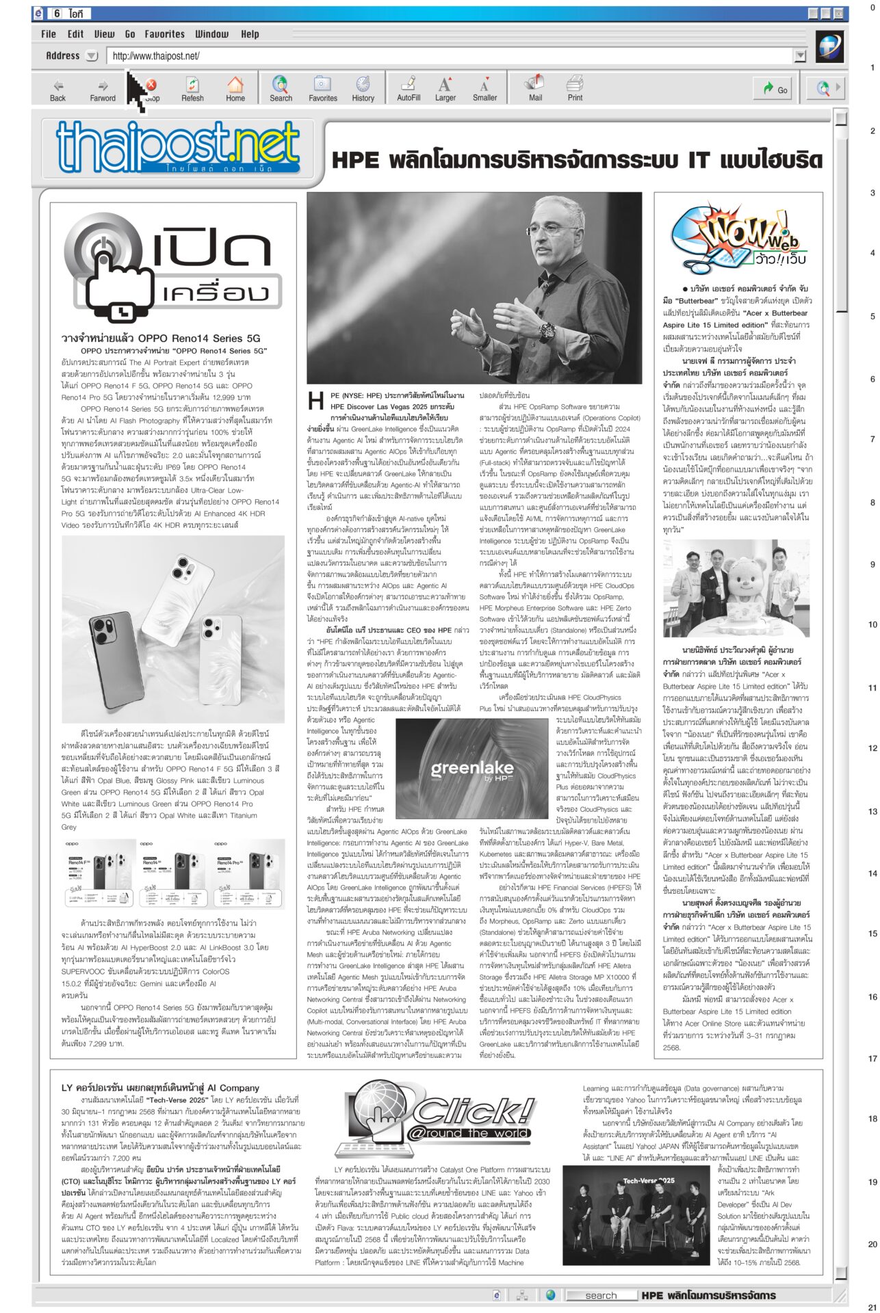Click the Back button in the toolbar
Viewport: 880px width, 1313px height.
(58, 89)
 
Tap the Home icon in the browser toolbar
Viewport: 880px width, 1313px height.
(235, 89)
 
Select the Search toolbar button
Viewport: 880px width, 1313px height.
(281, 89)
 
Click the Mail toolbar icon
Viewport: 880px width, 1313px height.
(535, 89)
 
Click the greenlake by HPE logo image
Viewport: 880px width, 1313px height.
(472, 770)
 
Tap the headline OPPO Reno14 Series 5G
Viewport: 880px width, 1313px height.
(161, 339)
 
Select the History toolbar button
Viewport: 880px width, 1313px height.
(363, 89)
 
